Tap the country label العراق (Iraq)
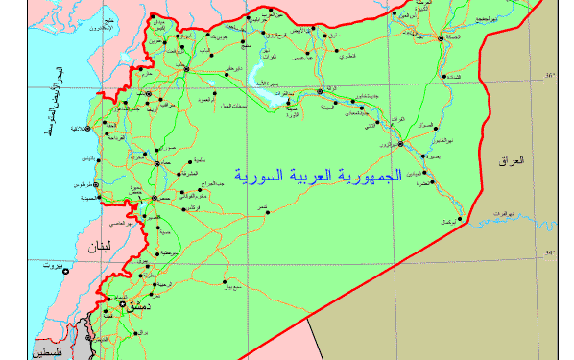pyautogui.click(x=513, y=161)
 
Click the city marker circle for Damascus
pyautogui.click(x=122, y=303)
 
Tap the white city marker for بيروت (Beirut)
pyautogui.click(x=64, y=272)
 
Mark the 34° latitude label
pyautogui.click(x=550, y=253)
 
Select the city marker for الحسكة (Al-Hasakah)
pyautogui.click(x=441, y=39)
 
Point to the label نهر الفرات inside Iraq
pyautogui.click(x=496, y=212)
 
